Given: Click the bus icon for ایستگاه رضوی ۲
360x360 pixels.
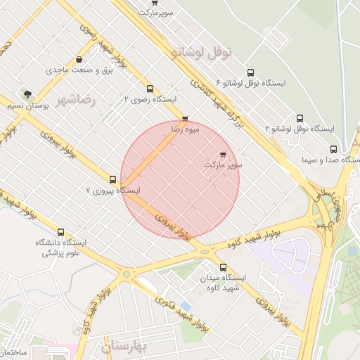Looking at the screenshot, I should [x=150, y=89].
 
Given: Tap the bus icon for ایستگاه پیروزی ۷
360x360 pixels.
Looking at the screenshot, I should [x=113, y=179].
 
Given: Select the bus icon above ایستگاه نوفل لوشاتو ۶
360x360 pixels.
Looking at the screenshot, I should [x=251, y=72].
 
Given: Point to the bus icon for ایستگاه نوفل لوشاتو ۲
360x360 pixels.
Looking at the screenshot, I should [x=300, y=118].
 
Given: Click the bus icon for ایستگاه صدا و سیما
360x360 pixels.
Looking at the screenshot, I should [x=333, y=149].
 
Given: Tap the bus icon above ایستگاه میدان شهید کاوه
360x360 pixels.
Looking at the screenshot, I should [x=224, y=267].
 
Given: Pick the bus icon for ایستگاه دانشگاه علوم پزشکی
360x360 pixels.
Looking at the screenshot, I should [x=60, y=232].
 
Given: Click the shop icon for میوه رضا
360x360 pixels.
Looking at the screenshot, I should [x=185, y=119].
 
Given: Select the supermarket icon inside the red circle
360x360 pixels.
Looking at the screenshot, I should [x=224, y=153].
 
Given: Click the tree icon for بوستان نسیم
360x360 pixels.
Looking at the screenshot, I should [x=27, y=94].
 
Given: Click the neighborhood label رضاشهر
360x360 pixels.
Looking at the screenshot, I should [x=79, y=100].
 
